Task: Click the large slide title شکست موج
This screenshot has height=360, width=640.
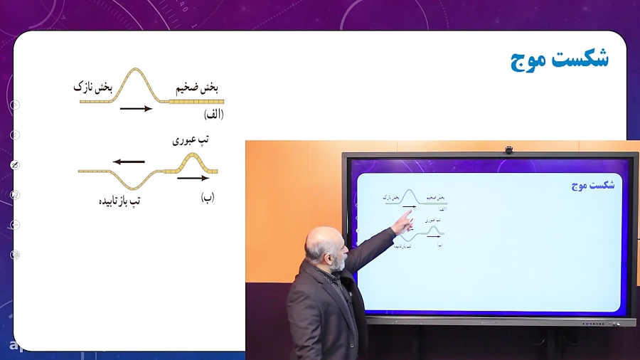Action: (x=560, y=58)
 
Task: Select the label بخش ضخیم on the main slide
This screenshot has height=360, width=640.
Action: (x=197, y=87)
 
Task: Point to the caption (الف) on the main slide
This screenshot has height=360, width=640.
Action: (x=213, y=114)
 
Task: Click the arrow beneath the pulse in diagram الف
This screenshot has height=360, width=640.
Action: (x=137, y=109)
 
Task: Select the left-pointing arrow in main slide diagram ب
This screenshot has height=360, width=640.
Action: (x=129, y=162)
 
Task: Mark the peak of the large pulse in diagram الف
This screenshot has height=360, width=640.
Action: (x=137, y=70)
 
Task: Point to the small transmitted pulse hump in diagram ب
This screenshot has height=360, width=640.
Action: (x=188, y=158)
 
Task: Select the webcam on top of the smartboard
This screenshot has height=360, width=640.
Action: (x=508, y=149)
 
